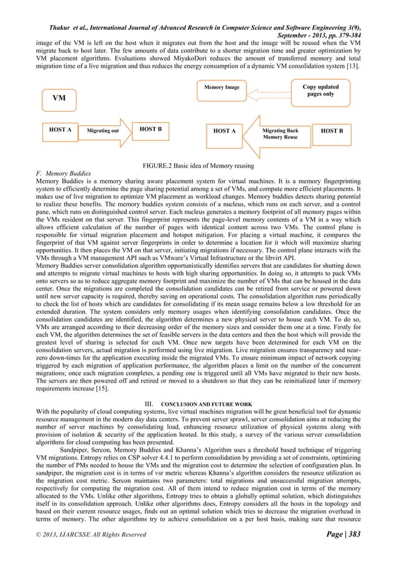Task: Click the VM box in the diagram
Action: [x=59, y=98]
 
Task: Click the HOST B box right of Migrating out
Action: [x=151, y=130]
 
